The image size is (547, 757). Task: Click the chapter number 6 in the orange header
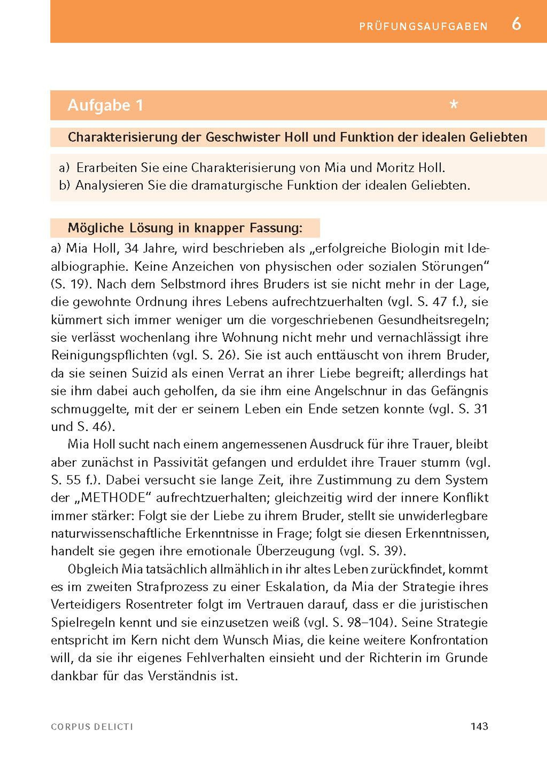pos(516,24)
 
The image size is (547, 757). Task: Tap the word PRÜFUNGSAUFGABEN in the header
pos(423,27)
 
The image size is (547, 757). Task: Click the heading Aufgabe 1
pos(105,105)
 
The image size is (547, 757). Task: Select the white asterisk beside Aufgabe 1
pos(454,105)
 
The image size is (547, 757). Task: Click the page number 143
pos(479,726)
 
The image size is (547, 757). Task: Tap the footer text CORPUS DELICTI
pos(92,727)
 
